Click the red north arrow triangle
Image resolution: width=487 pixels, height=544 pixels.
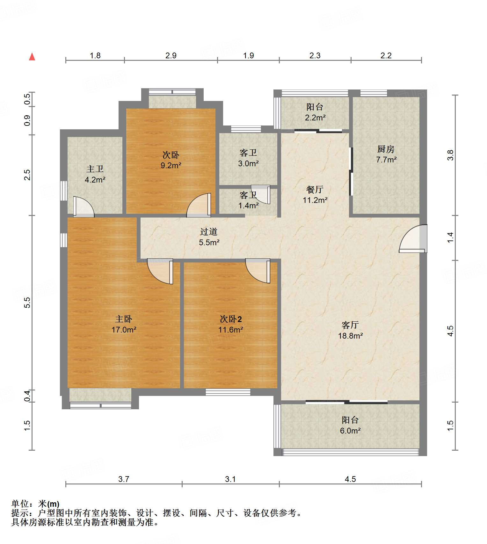click(x=32, y=57)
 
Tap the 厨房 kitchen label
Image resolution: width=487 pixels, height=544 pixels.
click(x=386, y=149)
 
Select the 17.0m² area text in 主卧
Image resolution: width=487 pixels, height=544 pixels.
click(x=124, y=330)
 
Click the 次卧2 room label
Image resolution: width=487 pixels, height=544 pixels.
click(x=231, y=319)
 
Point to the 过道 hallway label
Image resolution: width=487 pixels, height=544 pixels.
click(x=209, y=232)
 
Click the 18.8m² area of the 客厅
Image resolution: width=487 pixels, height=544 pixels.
click(x=350, y=336)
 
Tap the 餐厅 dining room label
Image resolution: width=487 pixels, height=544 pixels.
click(x=315, y=190)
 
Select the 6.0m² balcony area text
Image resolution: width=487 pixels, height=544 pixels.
click(x=350, y=431)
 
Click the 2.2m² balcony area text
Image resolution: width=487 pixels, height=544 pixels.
click(x=315, y=118)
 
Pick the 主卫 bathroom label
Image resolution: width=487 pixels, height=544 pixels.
click(x=95, y=169)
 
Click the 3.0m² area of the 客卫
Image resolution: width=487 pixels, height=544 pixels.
click(x=248, y=163)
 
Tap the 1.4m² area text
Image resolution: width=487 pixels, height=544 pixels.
click(x=248, y=205)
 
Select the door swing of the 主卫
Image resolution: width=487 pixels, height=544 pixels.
click(x=84, y=207)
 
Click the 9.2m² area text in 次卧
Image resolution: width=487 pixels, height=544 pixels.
click(x=171, y=165)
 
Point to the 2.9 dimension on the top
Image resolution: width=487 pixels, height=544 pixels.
click(x=171, y=55)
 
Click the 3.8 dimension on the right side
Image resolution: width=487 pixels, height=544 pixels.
click(x=450, y=155)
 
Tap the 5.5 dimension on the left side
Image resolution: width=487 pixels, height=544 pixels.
click(x=27, y=302)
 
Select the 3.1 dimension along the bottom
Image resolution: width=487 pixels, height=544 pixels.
click(x=230, y=479)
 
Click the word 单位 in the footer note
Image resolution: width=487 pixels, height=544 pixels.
click(x=20, y=504)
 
